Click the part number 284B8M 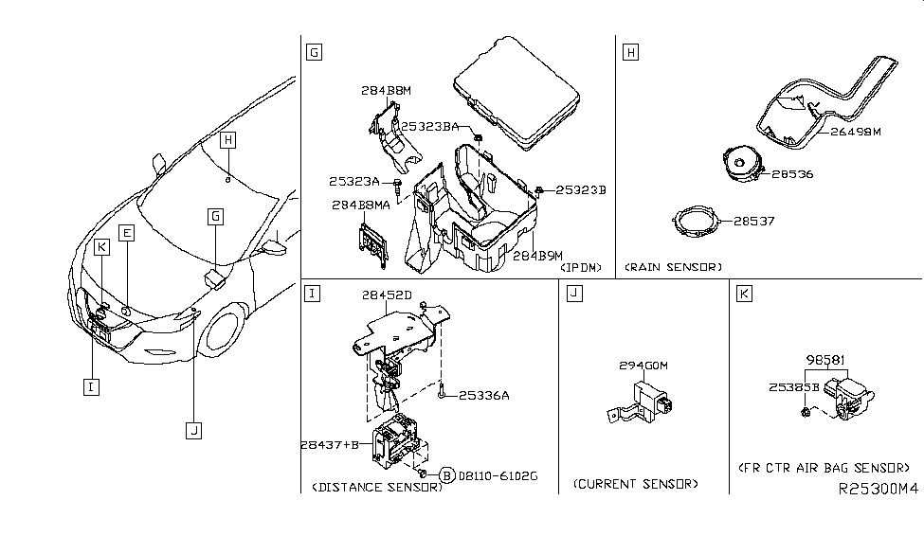click(386, 91)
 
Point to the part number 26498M click(856, 132)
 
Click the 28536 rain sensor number click(792, 174)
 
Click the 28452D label click(387, 295)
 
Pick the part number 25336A click(485, 395)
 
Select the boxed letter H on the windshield click(227, 141)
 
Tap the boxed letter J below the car click(193, 431)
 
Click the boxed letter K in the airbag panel click(744, 295)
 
